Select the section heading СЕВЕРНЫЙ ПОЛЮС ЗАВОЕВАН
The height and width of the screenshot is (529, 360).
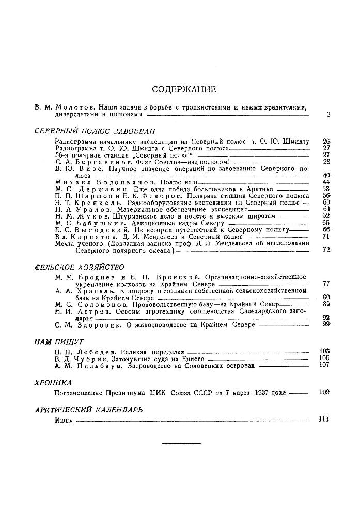(x=95, y=131)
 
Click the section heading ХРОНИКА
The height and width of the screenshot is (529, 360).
(x=53, y=382)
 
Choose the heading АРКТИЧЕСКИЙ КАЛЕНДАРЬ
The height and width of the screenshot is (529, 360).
(x=88, y=409)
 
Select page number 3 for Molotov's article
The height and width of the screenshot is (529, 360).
(x=328, y=114)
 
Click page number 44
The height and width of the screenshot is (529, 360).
(x=325, y=182)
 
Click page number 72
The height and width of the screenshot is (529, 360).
(x=325, y=250)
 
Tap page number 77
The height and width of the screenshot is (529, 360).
(x=325, y=284)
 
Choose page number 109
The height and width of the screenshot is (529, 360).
(x=324, y=392)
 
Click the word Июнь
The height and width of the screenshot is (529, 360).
(x=63, y=419)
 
